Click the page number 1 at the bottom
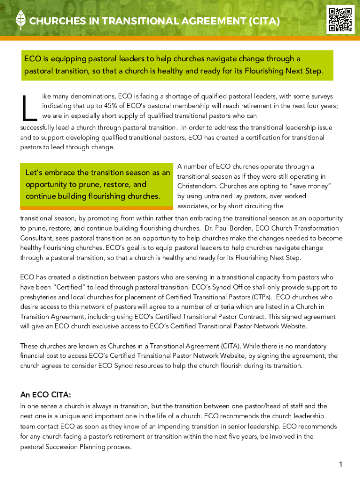pyautogui.click(x=341, y=464)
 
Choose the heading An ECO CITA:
pyautogui.click(x=45, y=394)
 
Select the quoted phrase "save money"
pyautogui.click(x=313, y=186)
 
